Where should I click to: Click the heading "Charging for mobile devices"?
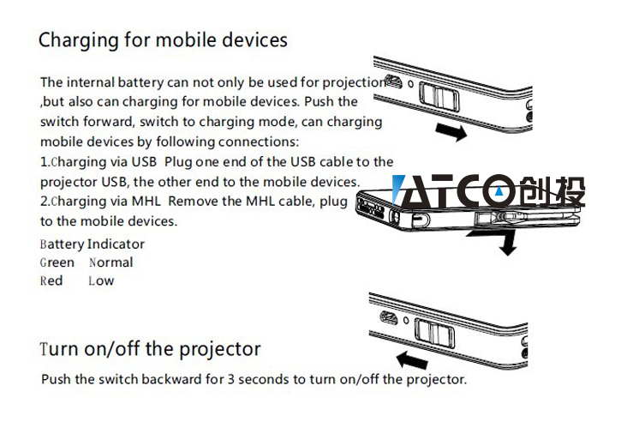tap(163, 41)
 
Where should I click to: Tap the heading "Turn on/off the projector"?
tap(150, 349)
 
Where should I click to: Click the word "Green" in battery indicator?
tap(57, 262)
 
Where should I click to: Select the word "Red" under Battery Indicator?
tap(51, 280)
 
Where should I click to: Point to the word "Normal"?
tap(110, 262)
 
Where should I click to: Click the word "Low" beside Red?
tap(101, 280)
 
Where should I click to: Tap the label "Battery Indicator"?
tap(93, 244)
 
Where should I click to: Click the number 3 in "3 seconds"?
tap(231, 379)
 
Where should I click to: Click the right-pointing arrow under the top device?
tap(451, 132)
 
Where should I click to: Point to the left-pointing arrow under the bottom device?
tap(412, 360)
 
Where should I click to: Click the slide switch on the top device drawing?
tap(439, 96)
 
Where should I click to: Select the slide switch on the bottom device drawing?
tap(434, 333)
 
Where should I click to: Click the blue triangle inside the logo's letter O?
tap(499, 191)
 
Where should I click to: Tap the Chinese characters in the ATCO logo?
tap(552, 191)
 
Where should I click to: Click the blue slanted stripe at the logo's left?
tap(398, 189)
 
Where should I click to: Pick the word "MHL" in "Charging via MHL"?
tap(146, 202)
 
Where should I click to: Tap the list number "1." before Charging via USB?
tap(45, 162)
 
